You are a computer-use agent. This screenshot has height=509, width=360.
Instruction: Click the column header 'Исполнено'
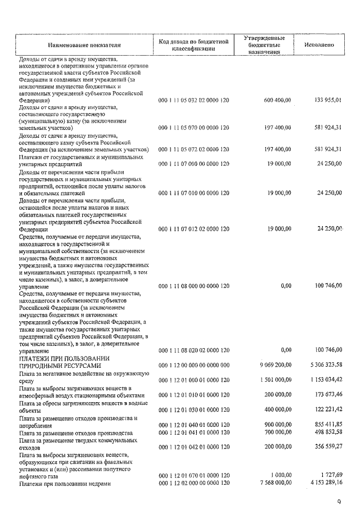click(x=319, y=43)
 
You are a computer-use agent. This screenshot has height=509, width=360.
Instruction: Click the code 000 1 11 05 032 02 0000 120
click(x=194, y=100)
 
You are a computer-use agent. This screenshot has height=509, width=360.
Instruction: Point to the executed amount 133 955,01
click(x=327, y=100)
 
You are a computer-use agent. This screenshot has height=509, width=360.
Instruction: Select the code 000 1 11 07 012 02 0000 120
click(x=194, y=229)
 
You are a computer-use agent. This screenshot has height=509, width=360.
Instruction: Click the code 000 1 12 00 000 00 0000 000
click(x=194, y=364)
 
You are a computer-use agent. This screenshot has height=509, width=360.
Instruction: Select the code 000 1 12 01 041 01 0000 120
click(x=194, y=432)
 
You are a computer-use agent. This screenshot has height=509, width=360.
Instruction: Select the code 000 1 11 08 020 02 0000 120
click(x=194, y=350)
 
